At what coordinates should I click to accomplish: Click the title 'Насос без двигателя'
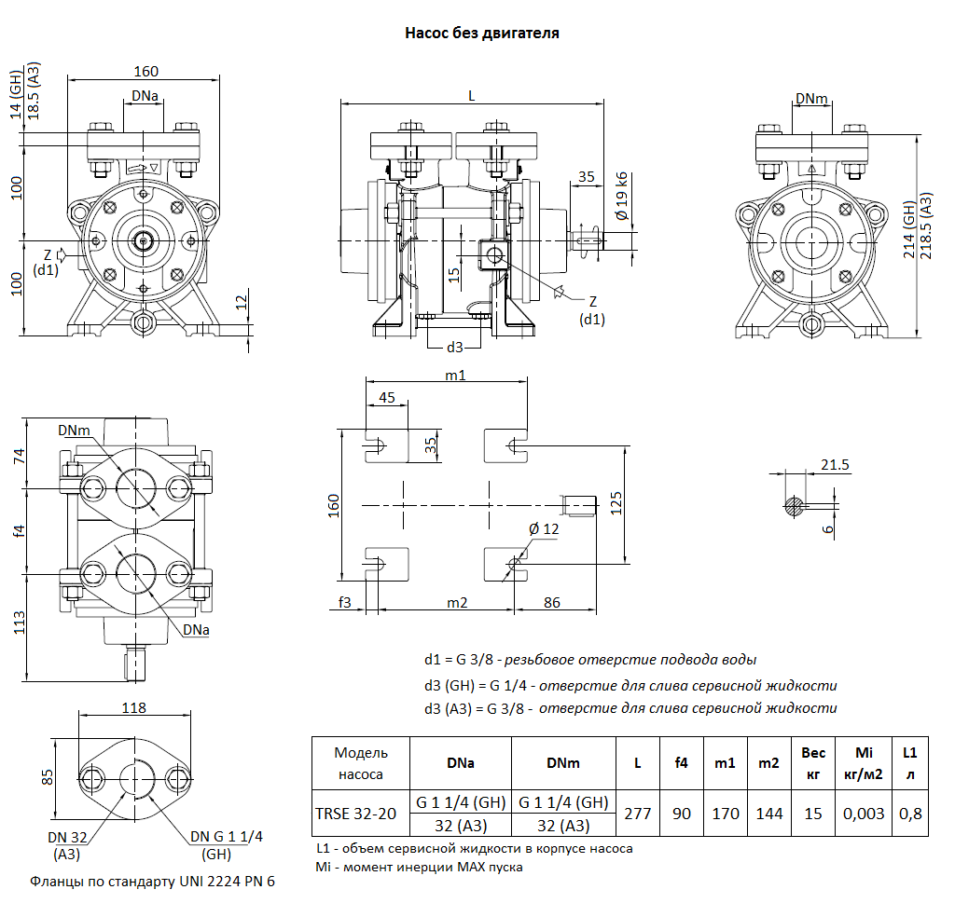[481, 34]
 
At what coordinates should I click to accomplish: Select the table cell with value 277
[638, 814]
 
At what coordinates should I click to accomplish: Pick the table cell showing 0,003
[863, 814]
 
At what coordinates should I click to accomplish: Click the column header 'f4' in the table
[682, 762]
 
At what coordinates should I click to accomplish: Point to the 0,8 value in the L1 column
[909, 814]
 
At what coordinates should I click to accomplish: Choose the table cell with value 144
[768, 814]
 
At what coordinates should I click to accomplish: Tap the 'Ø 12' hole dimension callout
[544, 528]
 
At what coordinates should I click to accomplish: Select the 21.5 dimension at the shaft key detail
[836, 465]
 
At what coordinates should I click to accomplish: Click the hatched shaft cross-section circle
[794, 506]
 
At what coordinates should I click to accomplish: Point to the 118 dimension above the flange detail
[134, 707]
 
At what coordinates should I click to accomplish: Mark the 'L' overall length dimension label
[471, 95]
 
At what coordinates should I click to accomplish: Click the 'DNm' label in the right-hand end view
[811, 99]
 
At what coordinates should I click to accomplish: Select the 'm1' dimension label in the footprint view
[455, 375]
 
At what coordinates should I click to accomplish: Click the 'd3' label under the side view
[454, 347]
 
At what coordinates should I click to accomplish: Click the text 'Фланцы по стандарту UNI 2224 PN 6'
[154, 881]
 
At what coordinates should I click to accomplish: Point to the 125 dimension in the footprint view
[616, 504]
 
